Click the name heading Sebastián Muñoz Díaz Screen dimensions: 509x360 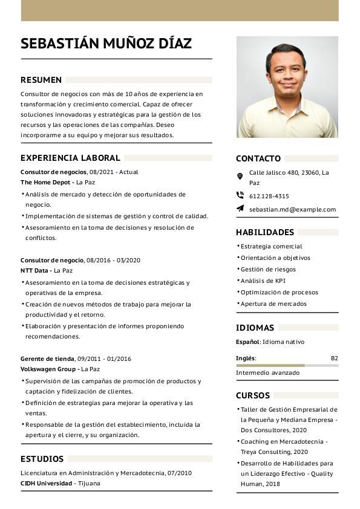[x=106, y=44]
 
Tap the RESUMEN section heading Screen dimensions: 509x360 [x=41, y=80]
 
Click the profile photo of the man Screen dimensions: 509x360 [x=287, y=87]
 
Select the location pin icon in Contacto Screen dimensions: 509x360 [x=240, y=176]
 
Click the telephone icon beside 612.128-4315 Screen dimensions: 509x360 [x=240, y=195]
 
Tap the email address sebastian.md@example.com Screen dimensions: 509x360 [x=292, y=209]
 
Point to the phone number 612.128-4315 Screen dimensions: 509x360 [x=269, y=196]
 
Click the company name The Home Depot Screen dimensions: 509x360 [x=46, y=182]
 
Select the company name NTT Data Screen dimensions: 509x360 [x=36, y=270]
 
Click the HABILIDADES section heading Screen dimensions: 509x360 [x=265, y=232]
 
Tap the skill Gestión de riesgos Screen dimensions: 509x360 [x=268, y=269]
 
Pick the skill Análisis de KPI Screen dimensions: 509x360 [x=263, y=280]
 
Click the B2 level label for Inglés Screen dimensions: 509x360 [x=334, y=358]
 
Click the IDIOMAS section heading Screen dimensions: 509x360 [x=255, y=328]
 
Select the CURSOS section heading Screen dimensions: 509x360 [x=253, y=395]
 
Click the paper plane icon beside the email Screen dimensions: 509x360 [x=240, y=209]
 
